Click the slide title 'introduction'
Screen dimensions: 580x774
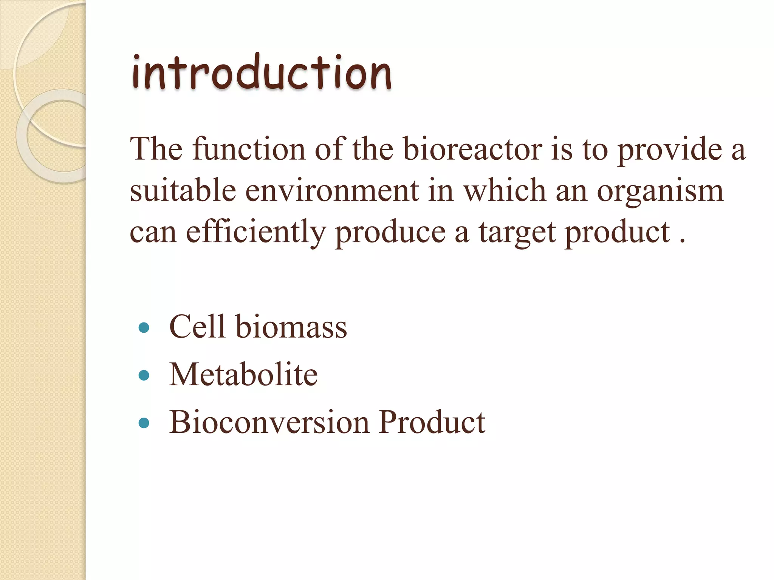pyautogui.click(x=261, y=73)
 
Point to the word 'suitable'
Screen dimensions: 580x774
pyautogui.click(x=183, y=190)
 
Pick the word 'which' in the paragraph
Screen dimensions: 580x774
pyautogui.click(x=505, y=190)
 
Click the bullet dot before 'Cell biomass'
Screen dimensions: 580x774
pyautogui.click(x=144, y=327)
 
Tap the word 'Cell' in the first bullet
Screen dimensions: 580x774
pyautogui.click(x=197, y=326)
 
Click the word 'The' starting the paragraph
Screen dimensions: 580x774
pyautogui.click(x=156, y=149)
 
